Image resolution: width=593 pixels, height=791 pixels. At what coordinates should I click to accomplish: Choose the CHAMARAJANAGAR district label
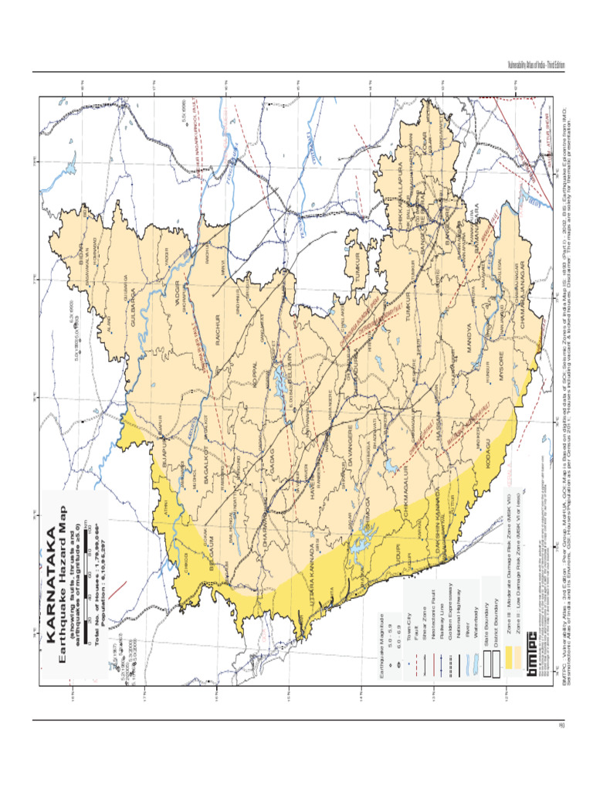click(x=522, y=306)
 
